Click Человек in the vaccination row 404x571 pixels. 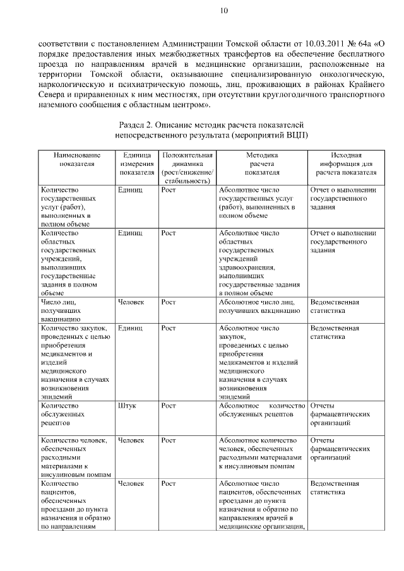click(131, 302)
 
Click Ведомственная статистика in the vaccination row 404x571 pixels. click(335, 307)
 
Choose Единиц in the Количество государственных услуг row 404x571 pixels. click(130, 189)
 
